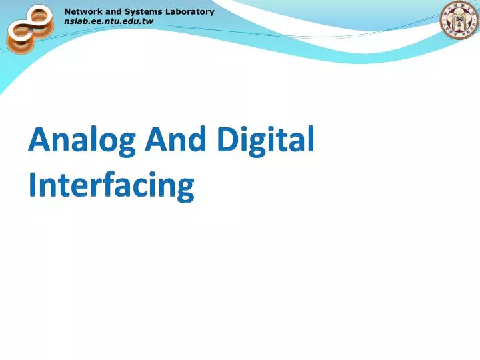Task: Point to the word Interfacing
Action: [111, 184]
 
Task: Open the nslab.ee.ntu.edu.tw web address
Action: [109, 21]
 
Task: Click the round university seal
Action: [459, 20]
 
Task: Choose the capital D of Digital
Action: [228, 141]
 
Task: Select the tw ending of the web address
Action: [148, 21]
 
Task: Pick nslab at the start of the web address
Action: [75, 21]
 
